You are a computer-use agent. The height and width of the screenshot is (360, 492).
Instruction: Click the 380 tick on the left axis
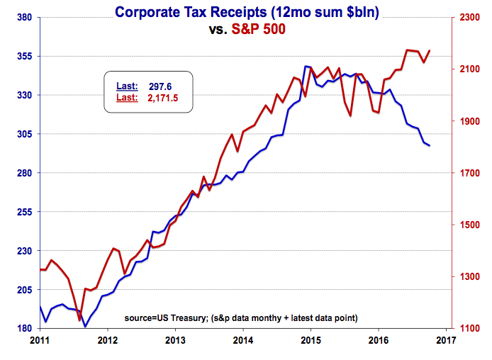26,17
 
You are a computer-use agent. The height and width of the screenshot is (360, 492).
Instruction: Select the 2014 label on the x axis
242,340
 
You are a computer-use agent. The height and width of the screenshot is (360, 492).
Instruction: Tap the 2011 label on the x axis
40,340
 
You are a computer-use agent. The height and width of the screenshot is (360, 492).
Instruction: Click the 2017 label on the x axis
446,340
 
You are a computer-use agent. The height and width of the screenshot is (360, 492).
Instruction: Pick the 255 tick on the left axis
26,212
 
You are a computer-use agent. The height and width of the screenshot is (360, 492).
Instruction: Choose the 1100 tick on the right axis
468,329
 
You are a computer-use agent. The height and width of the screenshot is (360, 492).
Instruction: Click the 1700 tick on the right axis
468,173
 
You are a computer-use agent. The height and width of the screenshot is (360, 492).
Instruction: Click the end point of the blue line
429,145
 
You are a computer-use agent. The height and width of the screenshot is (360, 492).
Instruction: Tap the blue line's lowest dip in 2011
85,327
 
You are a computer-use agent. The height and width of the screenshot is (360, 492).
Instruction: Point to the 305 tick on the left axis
26,134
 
